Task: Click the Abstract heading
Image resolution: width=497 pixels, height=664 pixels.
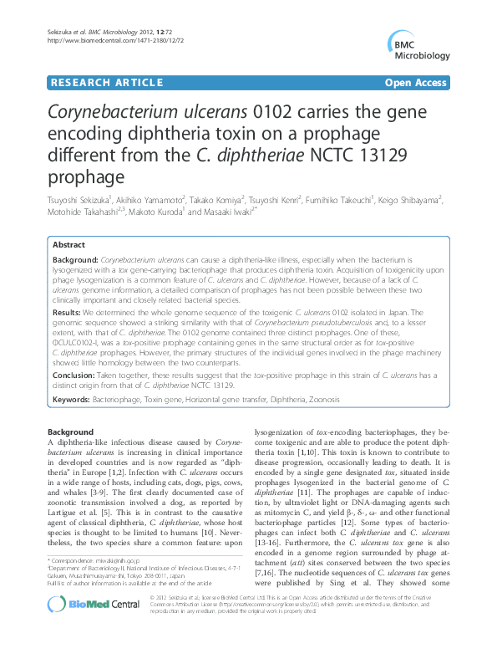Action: (68, 245)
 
